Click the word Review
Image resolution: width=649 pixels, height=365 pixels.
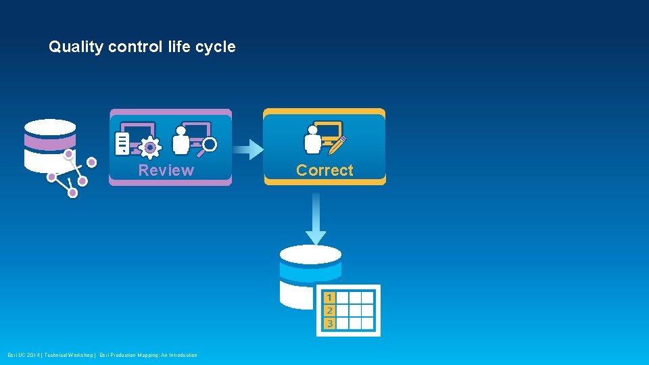(166, 170)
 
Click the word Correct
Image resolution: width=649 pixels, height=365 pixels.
(324, 170)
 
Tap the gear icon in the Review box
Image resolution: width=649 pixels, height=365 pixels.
(149, 147)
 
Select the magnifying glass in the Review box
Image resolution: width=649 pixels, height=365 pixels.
(208, 145)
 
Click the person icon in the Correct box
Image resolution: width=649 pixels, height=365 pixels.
(313, 139)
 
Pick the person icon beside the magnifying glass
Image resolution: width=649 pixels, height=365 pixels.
(181, 140)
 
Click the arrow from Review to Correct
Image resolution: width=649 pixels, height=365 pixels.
(248, 149)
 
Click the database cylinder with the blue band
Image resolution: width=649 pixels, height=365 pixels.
(310, 274)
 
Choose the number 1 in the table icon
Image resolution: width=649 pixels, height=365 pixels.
(329, 297)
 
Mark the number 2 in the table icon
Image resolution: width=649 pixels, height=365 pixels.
(329, 310)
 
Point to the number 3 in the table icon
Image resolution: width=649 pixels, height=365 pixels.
(329, 323)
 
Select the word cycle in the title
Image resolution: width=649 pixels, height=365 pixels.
(216, 47)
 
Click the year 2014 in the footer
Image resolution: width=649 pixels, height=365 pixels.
(32, 356)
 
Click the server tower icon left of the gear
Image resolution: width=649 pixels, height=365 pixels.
(122, 143)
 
